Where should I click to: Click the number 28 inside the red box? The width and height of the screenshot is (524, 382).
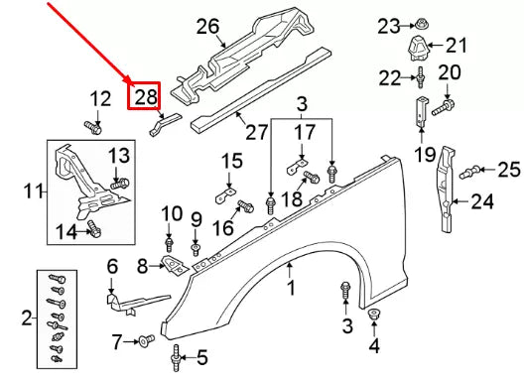tap(146, 96)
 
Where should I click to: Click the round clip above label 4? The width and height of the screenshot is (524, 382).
tap(375, 316)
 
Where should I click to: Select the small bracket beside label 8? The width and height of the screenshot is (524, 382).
tap(174, 266)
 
